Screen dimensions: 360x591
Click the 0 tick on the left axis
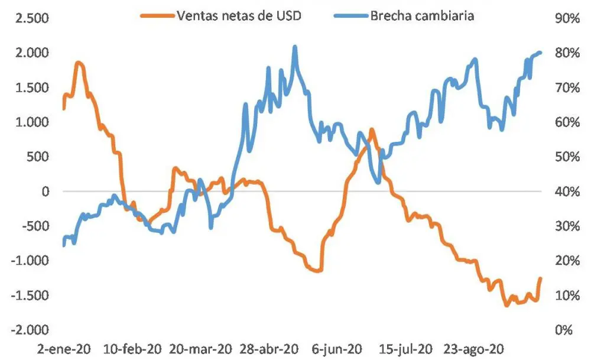46,192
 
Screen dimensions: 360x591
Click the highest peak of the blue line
295,47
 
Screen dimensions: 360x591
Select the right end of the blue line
540,53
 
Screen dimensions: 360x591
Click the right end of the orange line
540,278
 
